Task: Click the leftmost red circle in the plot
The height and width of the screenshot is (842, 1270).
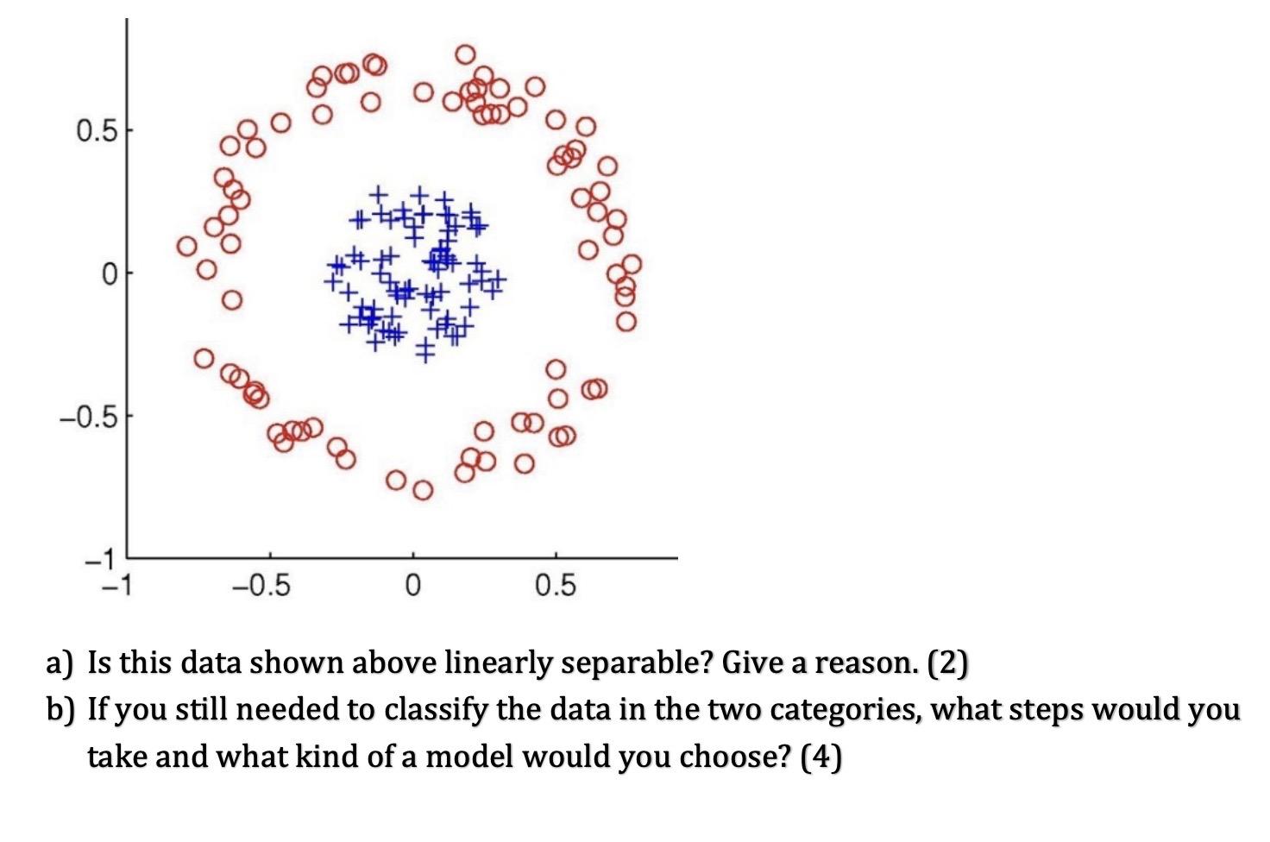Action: (187, 247)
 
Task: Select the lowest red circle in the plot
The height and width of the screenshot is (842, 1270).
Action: (423, 490)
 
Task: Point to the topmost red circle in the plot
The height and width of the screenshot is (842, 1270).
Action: (465, 54)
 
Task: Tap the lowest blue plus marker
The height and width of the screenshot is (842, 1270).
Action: (424, 350)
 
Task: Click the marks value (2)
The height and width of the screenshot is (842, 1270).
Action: (948, 663)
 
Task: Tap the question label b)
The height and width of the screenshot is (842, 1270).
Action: (61, 710)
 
